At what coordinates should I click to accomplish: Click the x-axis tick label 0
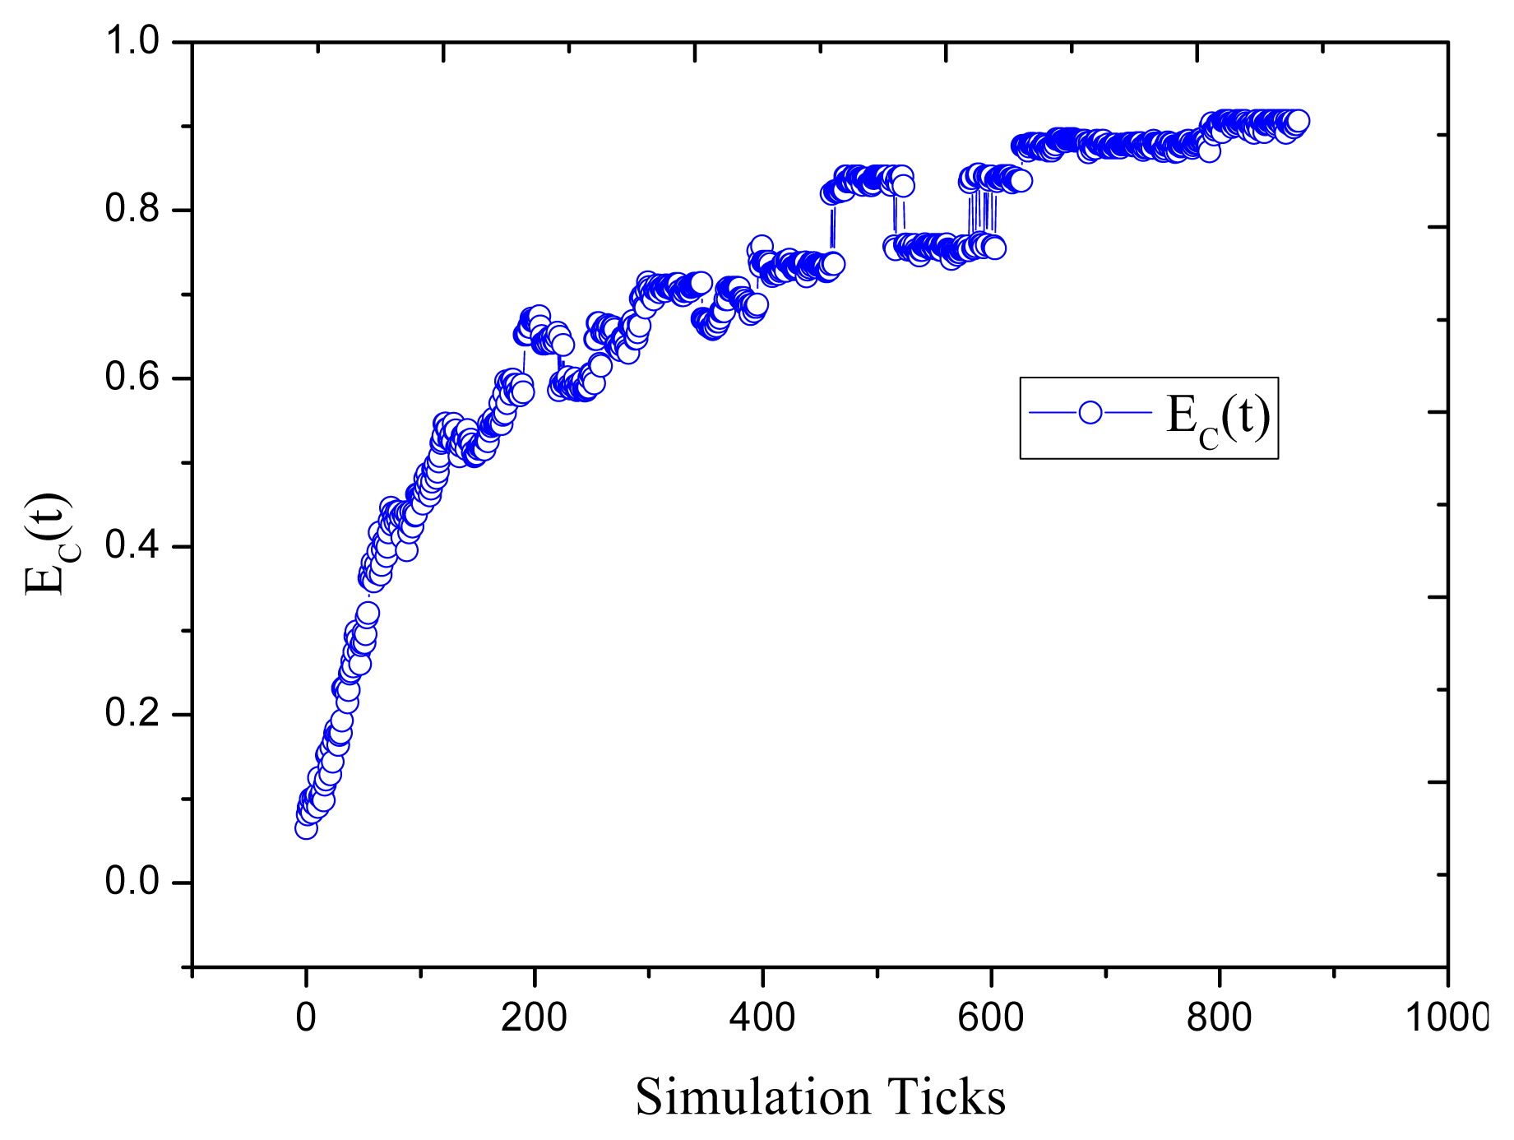(x=306, y=1018)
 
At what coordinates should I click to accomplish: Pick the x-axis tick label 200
(x=534, y=1018)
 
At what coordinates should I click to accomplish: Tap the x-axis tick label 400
(x=762, y=1018)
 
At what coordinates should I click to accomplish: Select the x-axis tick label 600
(x=991, y=1018)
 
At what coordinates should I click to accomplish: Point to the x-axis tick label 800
(x=1219, y=1018)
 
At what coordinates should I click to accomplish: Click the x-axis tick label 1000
(x=1446, y=1018)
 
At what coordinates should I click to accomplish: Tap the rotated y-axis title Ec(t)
(x=48, y=543)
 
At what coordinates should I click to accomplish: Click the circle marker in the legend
(x=1090, y=412)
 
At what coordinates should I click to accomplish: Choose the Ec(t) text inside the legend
(x=1217, y=419)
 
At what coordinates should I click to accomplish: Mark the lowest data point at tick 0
(x=306, y=828)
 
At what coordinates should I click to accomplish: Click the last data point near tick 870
(x=1299, y=122)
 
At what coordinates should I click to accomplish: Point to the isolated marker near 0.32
(x=368, y=613)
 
